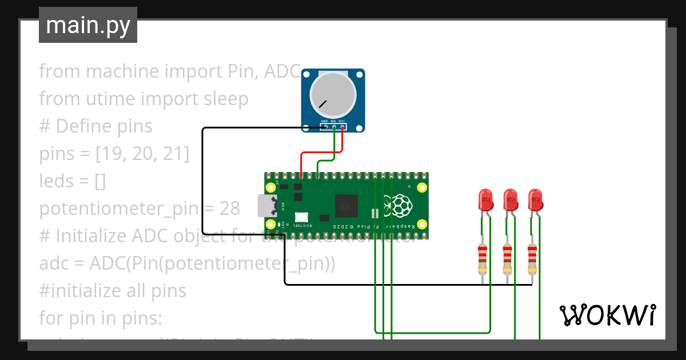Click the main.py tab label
coord(87,25)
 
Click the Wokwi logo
coord(607,315)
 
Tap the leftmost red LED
coord(485,200)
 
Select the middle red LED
coord(510,200)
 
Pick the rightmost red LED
coord(536,200)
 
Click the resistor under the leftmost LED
coord(483,258)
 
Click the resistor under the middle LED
coord(508,258)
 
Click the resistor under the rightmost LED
coord(532,258)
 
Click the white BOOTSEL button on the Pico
coord(301,217)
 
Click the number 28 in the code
coord(229,209)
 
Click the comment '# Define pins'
coord(95,126)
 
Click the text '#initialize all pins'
coord(113,291)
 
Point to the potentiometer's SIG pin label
coord(333,121)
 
